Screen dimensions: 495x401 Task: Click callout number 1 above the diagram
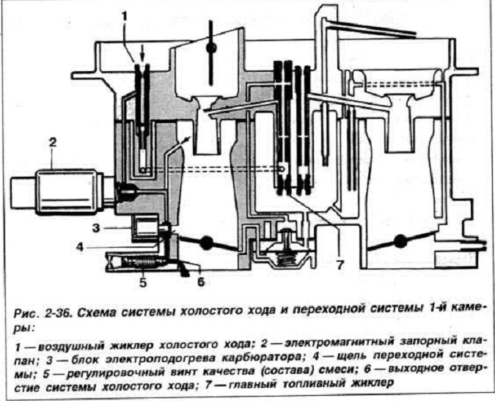tap(125, 16)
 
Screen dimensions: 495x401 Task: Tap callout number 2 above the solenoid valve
tap(52, 142)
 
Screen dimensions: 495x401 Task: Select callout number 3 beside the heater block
tap(96, 228)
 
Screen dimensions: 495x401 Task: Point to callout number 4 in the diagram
tap(80, 247)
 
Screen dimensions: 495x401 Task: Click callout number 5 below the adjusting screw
tap(143, 282)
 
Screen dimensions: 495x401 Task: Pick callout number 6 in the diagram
tap(201, 282)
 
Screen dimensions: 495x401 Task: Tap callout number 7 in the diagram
tap(340, 265)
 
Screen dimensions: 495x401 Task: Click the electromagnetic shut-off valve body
tap(66, 192)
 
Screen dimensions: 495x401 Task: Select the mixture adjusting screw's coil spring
tap(139, 262)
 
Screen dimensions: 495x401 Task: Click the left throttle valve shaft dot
tap(206, 243)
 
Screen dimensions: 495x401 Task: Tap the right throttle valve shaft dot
tap(400, 242)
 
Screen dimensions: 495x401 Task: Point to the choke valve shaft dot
tap(211, 48)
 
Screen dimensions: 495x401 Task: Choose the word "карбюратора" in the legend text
tap(252, 358)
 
